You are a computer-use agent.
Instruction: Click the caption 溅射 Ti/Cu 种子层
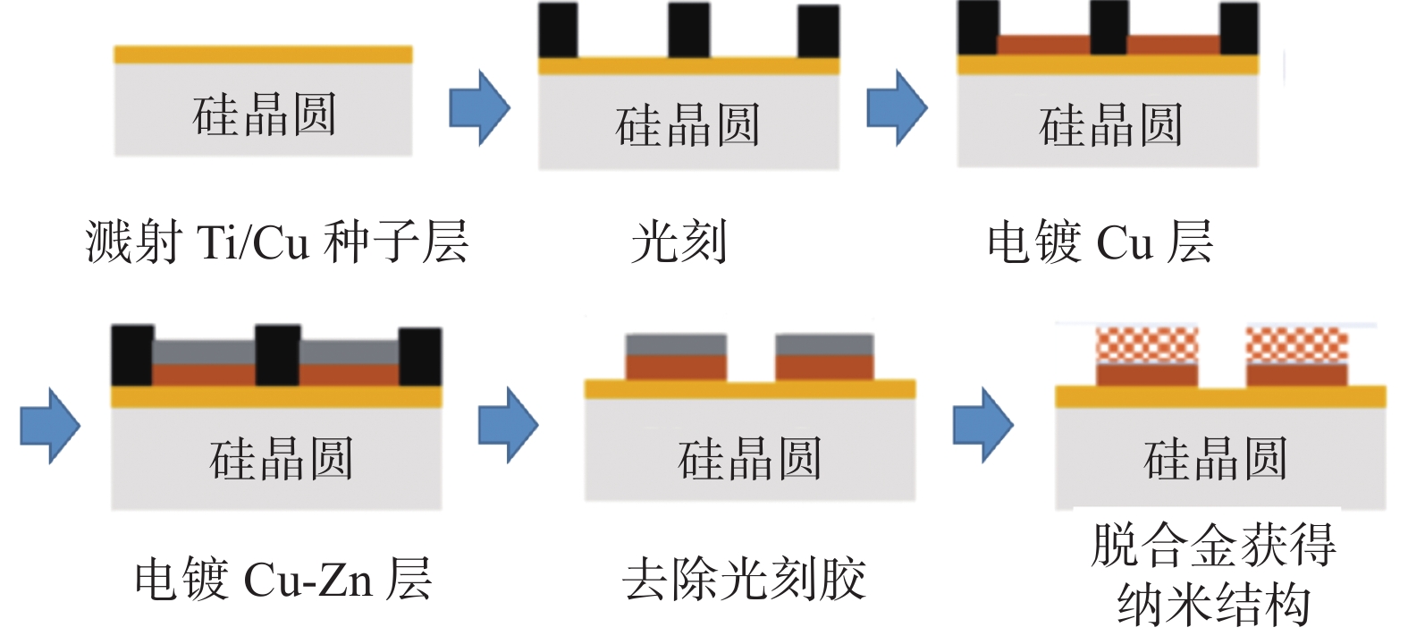coord(277,242)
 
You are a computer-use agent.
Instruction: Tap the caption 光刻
coord(679,242)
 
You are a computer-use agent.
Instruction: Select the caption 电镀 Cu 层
coord(1100,242)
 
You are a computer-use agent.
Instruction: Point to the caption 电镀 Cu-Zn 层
coord(283,579)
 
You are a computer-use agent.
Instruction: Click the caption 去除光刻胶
coord(744,579)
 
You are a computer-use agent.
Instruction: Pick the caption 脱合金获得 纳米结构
coord(1213,574)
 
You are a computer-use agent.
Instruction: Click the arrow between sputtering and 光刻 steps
coord(479,107)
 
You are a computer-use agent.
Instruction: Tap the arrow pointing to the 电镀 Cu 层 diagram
coord(897,107)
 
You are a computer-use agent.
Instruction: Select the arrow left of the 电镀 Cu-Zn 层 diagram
coord(50,426)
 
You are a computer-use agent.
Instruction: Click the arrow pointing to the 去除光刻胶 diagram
coord(508,425)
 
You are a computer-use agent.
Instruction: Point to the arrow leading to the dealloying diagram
coord(982,425)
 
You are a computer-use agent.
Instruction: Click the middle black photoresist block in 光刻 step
coord(688,30)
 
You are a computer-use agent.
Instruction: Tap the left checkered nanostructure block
coord(1147,345)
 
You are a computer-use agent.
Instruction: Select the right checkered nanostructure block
coord(1296,345)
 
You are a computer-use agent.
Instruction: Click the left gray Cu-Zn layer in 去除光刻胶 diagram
coord(676,344)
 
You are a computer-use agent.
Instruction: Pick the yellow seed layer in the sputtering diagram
coord(263,55)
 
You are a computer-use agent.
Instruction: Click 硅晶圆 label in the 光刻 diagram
coord(688,124)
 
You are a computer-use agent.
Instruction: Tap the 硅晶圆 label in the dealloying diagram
coord(1216,459)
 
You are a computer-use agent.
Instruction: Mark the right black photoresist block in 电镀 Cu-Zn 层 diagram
coord(419,357)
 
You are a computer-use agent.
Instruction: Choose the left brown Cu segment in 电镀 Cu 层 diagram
coord(1044,45)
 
